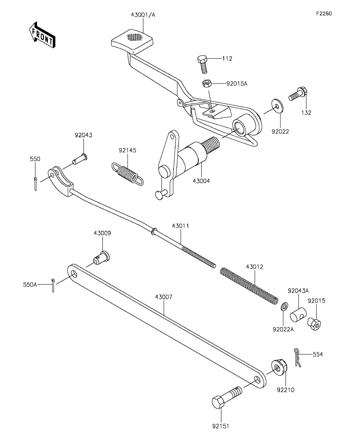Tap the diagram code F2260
click(x=324, y=13)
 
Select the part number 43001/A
click(x=143, y=15)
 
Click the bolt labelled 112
click(x=202, y=64)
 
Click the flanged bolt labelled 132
click(x=298, y=94)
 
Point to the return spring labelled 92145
click(x=128, y=174)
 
